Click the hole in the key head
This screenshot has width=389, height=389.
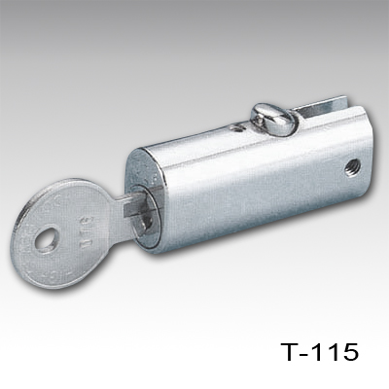click(x=45, y=238)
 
